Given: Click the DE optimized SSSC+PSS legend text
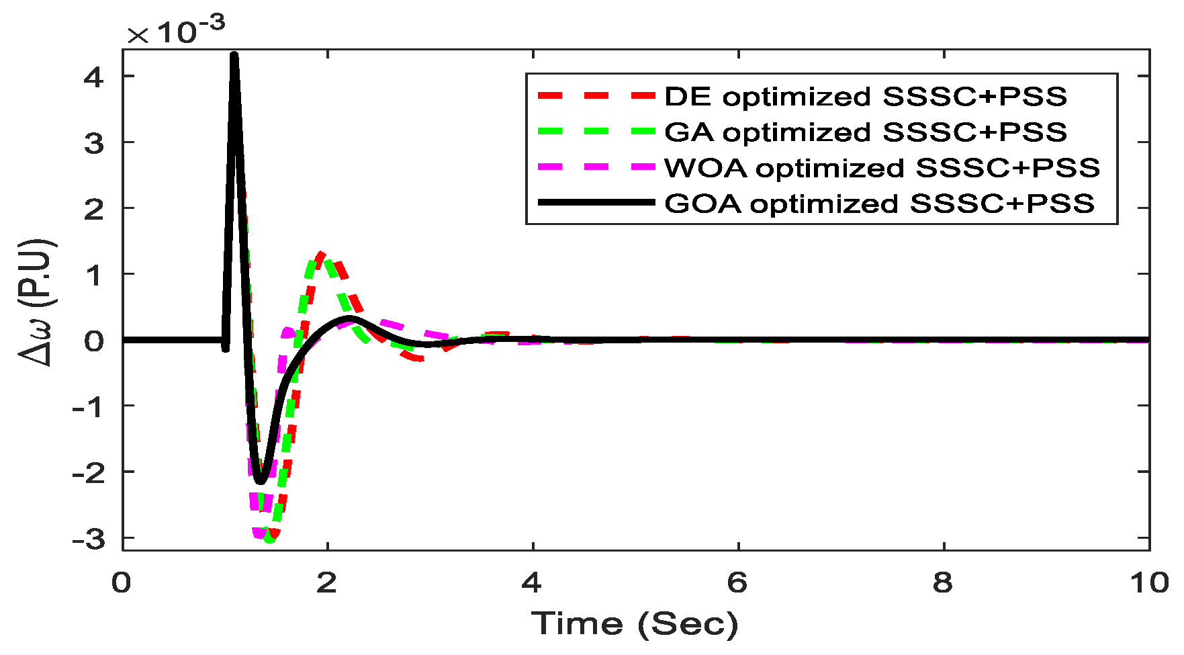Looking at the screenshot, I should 865,97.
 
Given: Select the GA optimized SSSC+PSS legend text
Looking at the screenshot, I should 865,132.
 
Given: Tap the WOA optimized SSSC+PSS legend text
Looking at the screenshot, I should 882,168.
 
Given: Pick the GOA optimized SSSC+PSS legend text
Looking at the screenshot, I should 879,204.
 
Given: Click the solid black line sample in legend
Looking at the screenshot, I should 596,202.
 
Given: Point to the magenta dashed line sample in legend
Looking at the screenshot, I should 596,167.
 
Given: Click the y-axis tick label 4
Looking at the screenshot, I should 94,78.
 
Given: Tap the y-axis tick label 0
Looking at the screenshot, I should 94,341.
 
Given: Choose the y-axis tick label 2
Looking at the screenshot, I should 94,210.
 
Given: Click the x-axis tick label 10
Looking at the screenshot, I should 1148,583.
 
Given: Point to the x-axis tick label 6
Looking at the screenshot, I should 737,583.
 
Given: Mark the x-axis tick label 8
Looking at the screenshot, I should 942,583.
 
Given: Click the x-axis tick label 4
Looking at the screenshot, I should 531,583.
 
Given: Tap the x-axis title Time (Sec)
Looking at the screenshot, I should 635,624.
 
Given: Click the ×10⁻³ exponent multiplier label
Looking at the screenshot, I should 176,31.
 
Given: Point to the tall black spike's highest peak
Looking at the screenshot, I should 234,54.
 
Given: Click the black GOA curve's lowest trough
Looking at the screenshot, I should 261,481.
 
